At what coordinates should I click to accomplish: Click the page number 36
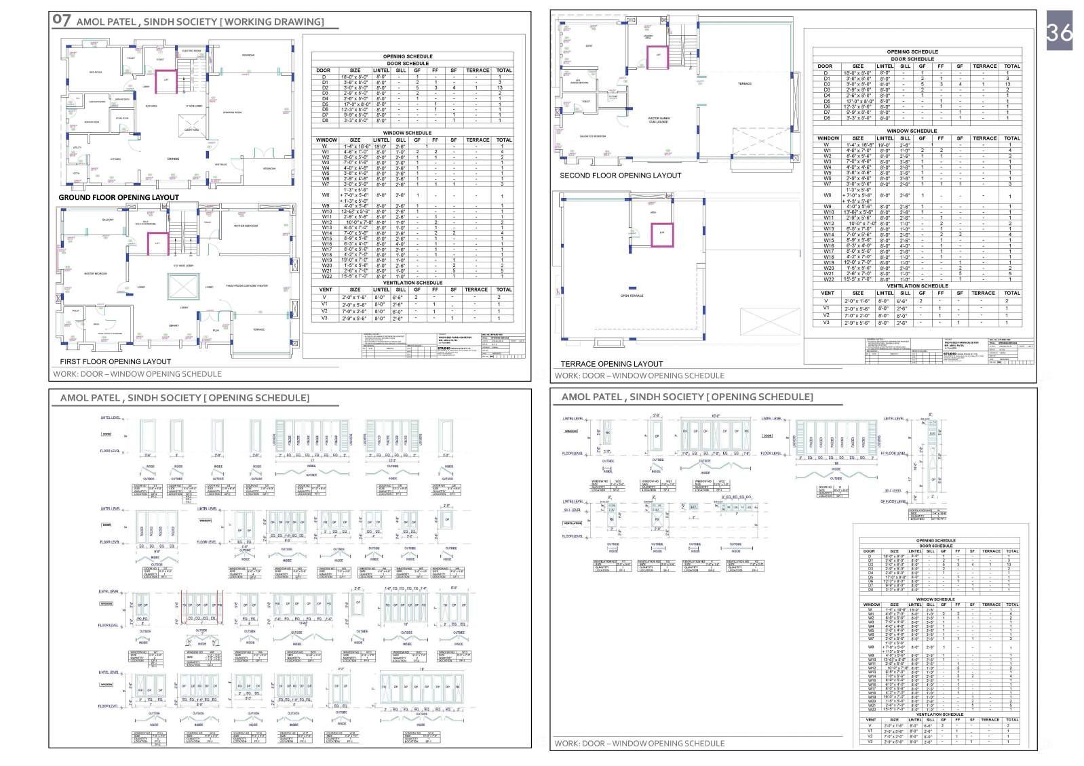tap(1059, 32)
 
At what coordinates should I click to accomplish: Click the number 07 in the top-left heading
tap(61, 20)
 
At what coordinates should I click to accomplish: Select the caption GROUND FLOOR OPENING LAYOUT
tap(119, 197)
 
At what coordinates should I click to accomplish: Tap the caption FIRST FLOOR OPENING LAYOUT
tap(115, 361)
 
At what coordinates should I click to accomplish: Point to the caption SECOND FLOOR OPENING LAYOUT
tap(620, 175)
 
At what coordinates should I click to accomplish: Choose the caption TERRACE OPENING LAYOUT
tap(611, 364)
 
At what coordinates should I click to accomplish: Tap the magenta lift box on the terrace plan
tap(662, 233)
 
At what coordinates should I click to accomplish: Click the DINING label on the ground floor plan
tap(173, 159)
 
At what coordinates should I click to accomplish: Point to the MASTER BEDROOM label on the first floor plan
tap(95, 274)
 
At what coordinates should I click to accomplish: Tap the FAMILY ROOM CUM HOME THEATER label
tap(247, 286)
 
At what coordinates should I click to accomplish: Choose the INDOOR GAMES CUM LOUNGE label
tap(658, 120)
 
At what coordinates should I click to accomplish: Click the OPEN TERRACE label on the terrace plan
tap(632, 296)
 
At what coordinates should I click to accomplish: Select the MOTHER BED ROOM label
tap(248, 226)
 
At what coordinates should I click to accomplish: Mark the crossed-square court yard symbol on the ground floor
tap(191, 124)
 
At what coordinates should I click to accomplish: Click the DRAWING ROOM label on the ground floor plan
tap(233, 113)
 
